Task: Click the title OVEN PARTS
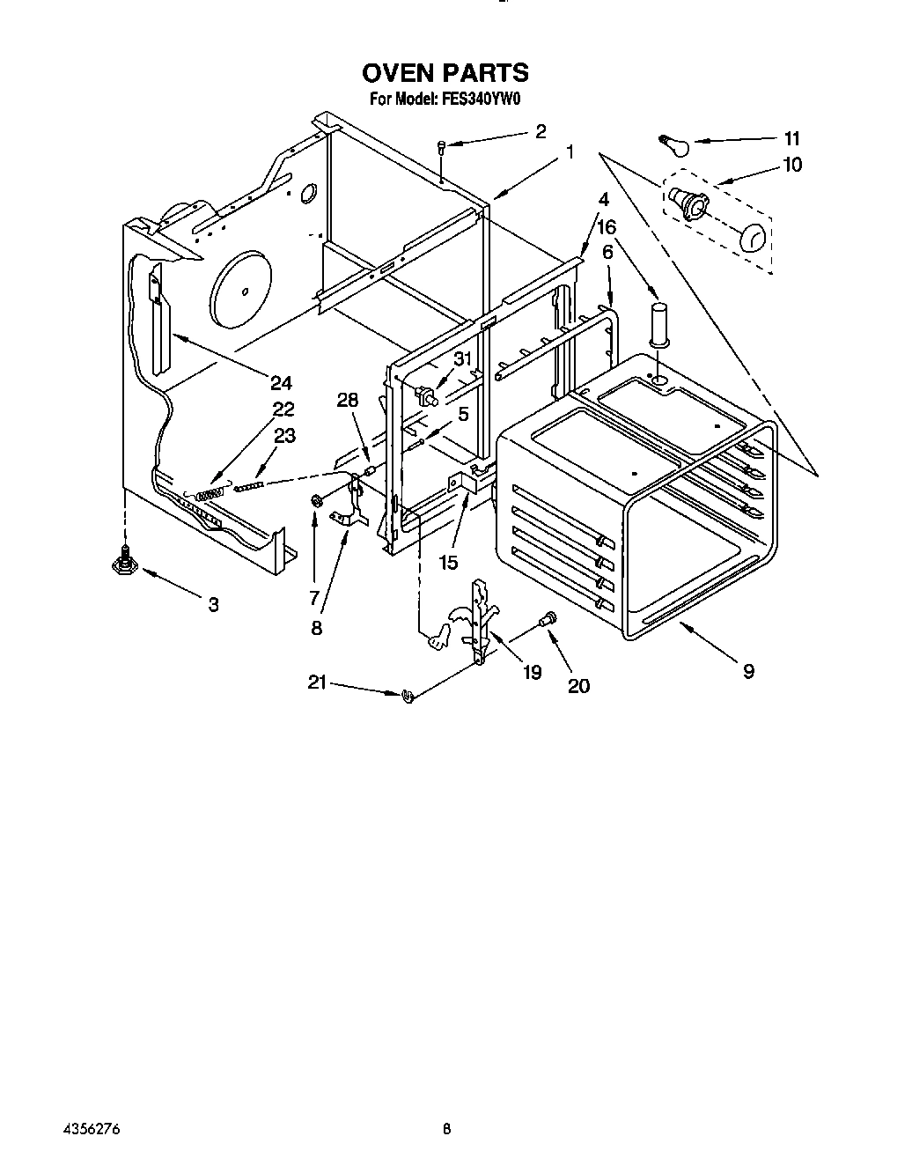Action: [445, 72]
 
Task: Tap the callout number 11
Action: [791, 138]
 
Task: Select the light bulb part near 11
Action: [674, 142]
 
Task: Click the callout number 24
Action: [281, 382]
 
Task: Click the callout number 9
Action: [747, 671]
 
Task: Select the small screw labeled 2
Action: [442, 148]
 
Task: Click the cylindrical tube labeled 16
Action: [659, 324]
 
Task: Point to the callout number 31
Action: [463, 359]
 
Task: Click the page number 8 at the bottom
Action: [447, 1128]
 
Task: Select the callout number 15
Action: [448, 561]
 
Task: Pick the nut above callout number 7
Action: [314, 501]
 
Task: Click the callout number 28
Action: [349, 401]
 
